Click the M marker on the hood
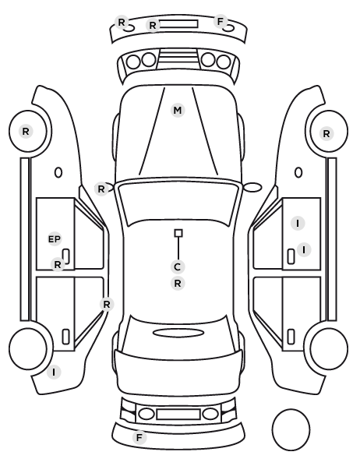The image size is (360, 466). [x=178, y=110]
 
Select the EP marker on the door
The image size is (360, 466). [x=55, y=239]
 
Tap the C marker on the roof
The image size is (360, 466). [x=178, y=267]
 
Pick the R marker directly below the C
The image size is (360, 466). [x=178, y=284]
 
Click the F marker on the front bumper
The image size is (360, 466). [x=221, y=22]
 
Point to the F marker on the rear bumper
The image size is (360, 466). [x=139, y=437]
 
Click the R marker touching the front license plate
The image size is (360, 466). [x=153, y=25]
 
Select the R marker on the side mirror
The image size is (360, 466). [x=101, y=189]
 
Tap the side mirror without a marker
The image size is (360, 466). [x=252, y=187]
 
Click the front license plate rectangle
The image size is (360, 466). [x=178, y=24]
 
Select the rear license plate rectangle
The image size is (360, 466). [x=178, y=415]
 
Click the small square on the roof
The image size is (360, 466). [x=178, y=233]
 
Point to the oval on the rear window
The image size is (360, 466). [x=178, y=333]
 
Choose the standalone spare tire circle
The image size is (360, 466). [x=291, y=429]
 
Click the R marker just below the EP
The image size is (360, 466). [x=58, y=264]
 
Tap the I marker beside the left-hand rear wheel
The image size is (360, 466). [x=54, y=372]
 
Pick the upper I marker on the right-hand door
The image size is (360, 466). [x=298, y=223]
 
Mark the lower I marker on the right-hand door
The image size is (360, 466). [x=304, y=249]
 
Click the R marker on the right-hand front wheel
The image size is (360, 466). [x=326, y=133]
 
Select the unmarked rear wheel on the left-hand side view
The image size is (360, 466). [x=28, y=348]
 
